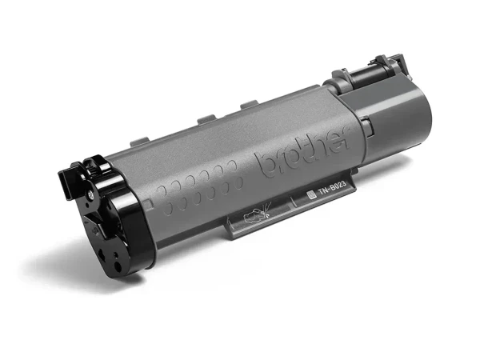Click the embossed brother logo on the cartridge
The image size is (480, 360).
point(303,155)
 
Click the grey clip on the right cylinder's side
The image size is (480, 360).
point(364,124)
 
